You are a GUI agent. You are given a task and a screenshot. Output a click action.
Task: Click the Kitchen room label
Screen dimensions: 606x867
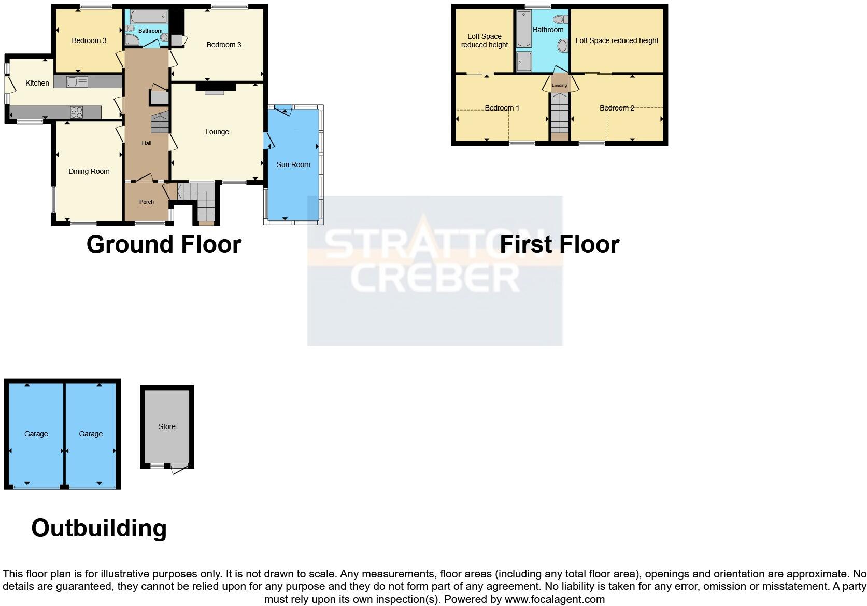pos(37,83)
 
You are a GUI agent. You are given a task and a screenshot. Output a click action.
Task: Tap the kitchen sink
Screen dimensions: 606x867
pos(77,81)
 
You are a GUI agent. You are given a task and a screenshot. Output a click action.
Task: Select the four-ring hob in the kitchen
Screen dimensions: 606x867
pos(77,112)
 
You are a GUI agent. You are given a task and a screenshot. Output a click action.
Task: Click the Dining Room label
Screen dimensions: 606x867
pos(89,171)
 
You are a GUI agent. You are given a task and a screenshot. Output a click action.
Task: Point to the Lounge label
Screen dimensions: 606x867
pos(217,132)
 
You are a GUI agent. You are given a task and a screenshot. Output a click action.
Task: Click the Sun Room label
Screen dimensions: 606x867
pos(293,164)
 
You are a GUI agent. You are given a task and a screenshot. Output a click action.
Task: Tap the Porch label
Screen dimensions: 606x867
pos(147,202)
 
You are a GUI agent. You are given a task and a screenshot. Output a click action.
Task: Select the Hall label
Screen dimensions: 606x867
pos(147,143)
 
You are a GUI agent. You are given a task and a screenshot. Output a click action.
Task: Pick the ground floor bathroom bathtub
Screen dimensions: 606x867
pos(149,17)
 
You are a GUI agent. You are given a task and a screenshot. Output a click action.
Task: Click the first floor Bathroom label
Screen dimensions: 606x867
pos(548,30)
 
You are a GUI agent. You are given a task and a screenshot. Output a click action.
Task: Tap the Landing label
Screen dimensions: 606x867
pos(559,85)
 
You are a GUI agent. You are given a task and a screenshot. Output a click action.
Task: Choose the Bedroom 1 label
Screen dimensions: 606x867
pos(502,108)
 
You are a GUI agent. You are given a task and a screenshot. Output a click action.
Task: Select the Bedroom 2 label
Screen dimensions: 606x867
pos(617,108)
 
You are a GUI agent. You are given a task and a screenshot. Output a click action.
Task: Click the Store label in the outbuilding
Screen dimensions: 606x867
pos(167,426)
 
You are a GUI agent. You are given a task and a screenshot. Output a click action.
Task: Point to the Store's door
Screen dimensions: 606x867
pos(179,468)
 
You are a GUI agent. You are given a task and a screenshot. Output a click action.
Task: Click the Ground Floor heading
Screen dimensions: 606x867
pos(164,244)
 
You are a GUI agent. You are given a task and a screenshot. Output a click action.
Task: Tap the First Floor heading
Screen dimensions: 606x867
pos(559,244)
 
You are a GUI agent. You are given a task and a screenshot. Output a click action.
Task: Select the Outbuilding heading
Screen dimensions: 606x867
pos(99,528)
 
